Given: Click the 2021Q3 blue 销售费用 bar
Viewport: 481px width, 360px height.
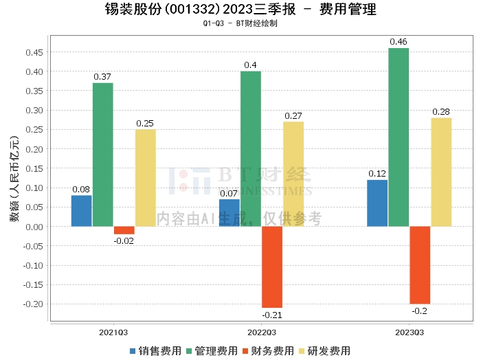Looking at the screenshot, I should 81,211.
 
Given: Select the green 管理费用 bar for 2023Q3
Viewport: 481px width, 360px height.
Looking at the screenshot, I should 399,137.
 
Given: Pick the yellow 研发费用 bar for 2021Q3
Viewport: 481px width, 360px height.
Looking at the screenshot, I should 145,178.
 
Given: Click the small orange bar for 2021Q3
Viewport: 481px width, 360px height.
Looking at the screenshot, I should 124,230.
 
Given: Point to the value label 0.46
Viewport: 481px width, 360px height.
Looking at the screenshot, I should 399,42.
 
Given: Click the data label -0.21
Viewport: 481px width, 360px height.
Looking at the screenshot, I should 271,315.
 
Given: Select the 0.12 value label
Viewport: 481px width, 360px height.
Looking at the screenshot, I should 377,174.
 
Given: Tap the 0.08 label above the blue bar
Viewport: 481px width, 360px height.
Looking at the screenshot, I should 81,190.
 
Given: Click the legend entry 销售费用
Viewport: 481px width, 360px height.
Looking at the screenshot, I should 155,351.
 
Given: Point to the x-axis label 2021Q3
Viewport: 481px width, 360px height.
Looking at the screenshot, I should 113,333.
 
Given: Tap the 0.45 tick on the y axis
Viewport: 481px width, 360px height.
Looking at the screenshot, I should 33,52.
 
